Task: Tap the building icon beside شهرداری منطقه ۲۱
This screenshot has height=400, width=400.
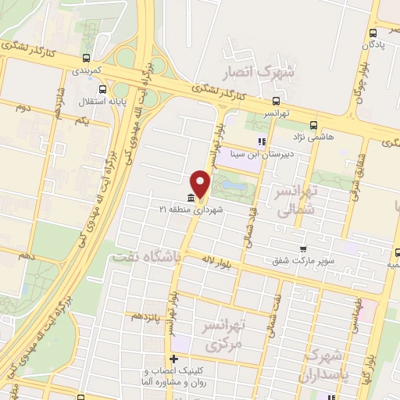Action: click(x=191, y=198)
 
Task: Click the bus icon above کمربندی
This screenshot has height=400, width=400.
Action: click(x=86, y=57)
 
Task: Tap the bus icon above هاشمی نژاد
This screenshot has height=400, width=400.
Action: click(x=313, y=124)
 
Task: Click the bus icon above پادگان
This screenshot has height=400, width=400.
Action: click(x=373, y=33)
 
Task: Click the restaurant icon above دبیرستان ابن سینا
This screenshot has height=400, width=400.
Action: click(x=262, y=142)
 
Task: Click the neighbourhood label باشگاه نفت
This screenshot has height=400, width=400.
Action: click(x=145, y=255)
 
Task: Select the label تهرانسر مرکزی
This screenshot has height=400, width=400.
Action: click(x=225, y=332)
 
